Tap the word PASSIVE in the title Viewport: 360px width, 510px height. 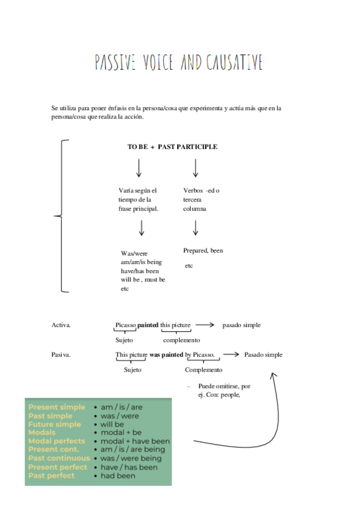click(x=115, y=62)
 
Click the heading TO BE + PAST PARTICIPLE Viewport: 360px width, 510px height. click(x=172, y=147)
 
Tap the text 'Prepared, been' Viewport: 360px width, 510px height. click(x=203, y=250)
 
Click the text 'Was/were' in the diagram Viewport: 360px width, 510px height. click(x=134, y=254)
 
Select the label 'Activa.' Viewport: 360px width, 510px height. click(x=61, y=325)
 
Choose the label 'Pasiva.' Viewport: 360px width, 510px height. click(x=61, y=355)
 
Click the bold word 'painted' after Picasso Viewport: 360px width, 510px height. click(x=148, y=325)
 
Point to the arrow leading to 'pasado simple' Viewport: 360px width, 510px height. click(x=205, y=325)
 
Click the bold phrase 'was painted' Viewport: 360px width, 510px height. click(x=166, y=355)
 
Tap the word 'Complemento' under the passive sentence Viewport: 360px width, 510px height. click(x=203, y=370)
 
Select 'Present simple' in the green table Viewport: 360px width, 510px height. click(x=57, y=407)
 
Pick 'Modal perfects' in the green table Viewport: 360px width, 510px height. click(x=57, y=441)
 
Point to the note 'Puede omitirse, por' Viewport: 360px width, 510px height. click(x=220, y=386)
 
